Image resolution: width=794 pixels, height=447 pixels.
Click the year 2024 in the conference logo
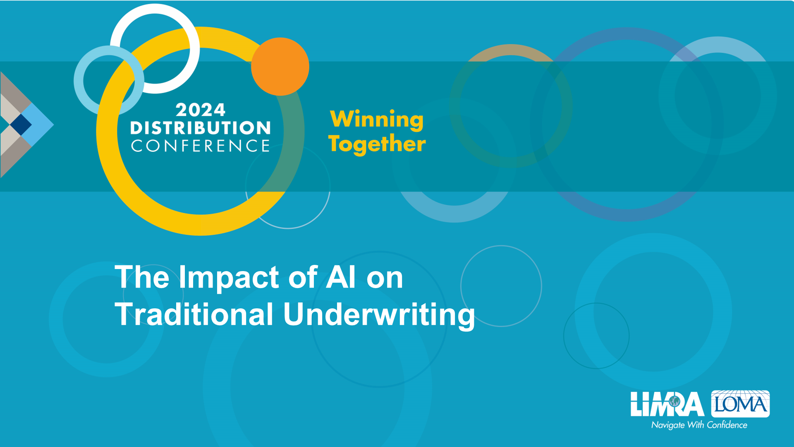pos(201,110)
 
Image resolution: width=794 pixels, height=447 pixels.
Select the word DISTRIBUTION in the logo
pos(201,128)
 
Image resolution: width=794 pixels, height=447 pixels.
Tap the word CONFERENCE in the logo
pos(201,146)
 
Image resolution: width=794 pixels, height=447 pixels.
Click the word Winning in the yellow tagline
pos(377,120)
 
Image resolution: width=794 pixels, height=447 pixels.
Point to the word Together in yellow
pos(377,144)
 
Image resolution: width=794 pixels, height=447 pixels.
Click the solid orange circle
pos(280,67)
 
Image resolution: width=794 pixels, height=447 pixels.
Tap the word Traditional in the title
pos(194,314)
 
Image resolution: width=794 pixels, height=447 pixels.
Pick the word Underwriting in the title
pos(379,316)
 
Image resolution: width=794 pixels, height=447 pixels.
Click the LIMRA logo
pos(667,404)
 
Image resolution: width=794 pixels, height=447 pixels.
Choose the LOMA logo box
pos(740,404)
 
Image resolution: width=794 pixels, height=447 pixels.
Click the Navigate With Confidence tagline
pos(699,425)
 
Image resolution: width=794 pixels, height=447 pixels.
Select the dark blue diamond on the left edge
pos(21,124)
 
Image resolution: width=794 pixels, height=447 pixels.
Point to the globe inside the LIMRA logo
pos(674,401)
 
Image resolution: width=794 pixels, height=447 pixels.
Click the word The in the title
pos(142,277)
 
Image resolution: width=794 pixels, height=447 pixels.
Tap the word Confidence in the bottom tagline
pos(727,425)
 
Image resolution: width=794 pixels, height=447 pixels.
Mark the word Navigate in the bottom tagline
pos(668,425)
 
